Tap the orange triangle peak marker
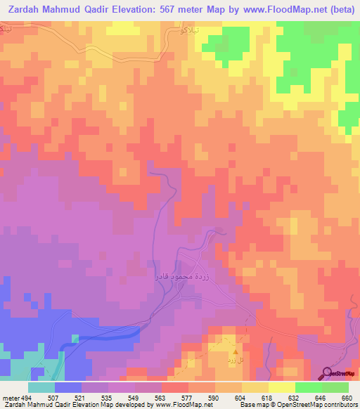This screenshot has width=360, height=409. (236, 350)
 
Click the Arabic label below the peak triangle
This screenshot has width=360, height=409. (229, 360)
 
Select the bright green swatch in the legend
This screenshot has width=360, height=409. (308, 387)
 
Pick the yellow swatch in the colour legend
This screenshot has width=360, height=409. (255, 387)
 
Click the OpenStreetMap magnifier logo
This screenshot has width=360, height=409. (328, 374)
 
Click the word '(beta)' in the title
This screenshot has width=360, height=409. (338, 9)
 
